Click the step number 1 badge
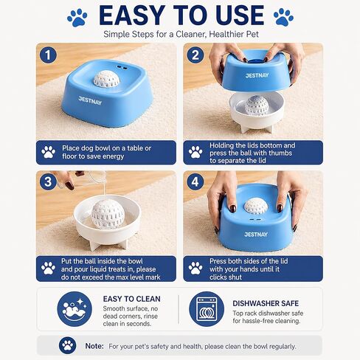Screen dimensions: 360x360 pyautogui.click(x=48, y=55)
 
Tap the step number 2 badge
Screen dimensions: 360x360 pyautogui.click(x=195, y=55)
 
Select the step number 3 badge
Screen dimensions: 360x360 pyautogui.click(x=48, y=182)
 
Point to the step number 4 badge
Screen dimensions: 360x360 pyautogui.click(x=195, y=182)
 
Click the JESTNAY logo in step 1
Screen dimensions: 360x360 pyautogui.click(x=90, y=101)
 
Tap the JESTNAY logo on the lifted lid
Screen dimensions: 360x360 pyautogui.click(x=257, y=75)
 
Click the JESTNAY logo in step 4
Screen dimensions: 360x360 pyautogui.click(x=256, y=235)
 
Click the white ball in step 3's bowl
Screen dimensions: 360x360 pyautogui.click(x=108, y=215)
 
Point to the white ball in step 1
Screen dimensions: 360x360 pyautogui.click(x=106, y=79)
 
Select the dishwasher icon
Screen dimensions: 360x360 pyautogui.click(x=207, y=309)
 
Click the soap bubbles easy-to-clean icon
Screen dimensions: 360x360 pyautogui.click(x=75, y=309)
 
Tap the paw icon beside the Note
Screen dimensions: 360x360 pyautogui.click(x=68, y=345)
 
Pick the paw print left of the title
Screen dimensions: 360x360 pyautogui.click(x=77, y=18)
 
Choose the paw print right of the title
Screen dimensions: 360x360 pyautogui.click(x=283, y=17)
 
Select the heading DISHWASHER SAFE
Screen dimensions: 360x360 pyautogui.click(x=266, y=303)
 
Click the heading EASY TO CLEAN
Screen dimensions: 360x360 pyautogui.click(x=132, y=299)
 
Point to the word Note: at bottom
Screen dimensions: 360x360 pyautogui.click(x=94, y=346)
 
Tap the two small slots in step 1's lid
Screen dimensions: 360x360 pyautogui.click(x=122, y=67)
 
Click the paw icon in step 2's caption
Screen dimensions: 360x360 pyautogui.click(x=195, y=152)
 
